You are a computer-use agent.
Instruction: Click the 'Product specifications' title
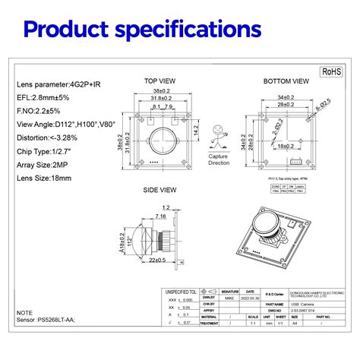[142, 30]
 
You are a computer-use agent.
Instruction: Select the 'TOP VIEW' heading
[160, 81]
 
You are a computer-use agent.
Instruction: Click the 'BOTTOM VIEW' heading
[286, 81]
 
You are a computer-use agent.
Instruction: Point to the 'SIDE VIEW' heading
[160, 190]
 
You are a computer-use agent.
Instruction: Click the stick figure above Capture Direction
[219, 139]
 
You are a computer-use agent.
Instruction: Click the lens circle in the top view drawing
[161, 142]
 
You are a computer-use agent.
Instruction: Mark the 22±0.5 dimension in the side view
[158, 261]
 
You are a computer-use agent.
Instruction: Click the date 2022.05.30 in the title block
[250, 298]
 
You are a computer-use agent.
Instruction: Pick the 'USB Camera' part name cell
[299, 303]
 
